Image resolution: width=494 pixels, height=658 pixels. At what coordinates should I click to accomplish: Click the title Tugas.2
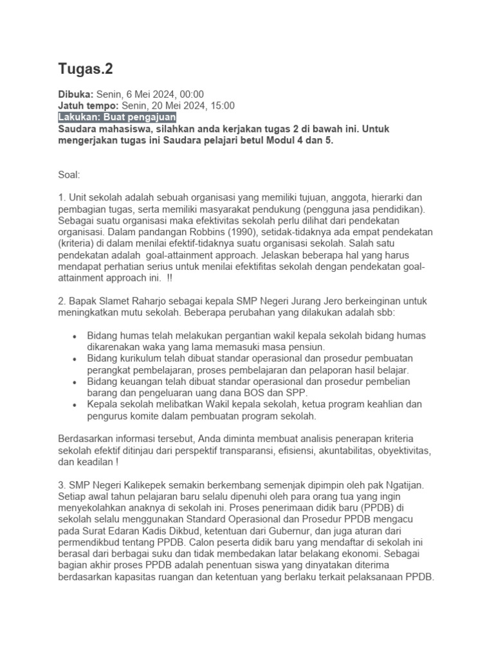coord(86,69)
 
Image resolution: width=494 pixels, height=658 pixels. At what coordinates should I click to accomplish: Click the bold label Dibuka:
coord(77,94)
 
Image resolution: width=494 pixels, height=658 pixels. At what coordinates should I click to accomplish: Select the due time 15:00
coord(222,105)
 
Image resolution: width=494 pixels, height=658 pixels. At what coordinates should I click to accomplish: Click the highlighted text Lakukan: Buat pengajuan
coord(117,118)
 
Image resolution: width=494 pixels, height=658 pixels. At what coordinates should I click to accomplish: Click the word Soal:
coord(69,173)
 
